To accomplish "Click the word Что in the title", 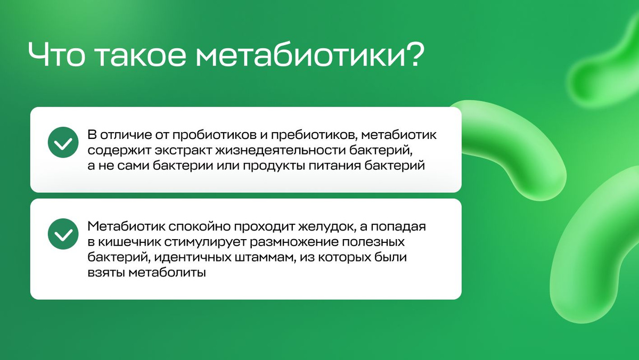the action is coord(56,54).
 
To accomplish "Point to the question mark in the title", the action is coord(415,54).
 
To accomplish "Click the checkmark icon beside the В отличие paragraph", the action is coord(63,142).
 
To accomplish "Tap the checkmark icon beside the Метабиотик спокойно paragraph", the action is coord(63,234).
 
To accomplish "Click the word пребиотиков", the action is coord(314,135).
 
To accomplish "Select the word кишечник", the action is coord(129,242).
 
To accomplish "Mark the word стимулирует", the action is coord(205,242).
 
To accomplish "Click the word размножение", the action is coord(294,242).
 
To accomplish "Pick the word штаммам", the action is coord(265,258).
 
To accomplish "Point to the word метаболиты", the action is coord(167,273).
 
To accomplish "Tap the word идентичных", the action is coord(193,258).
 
